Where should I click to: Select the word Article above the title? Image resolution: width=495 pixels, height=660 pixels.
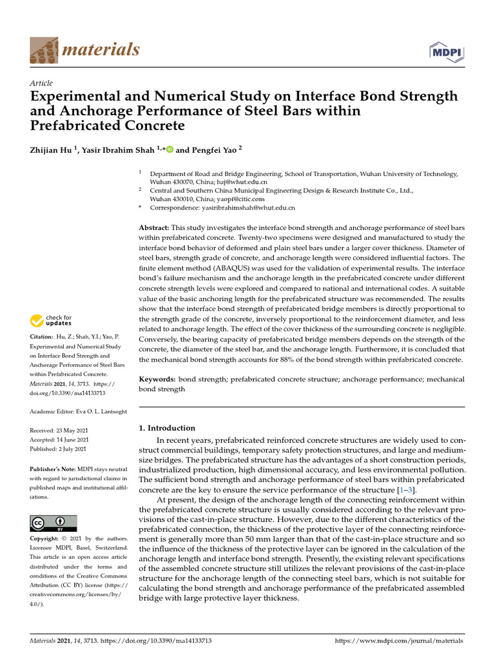pyautogui.click(x=41, y=83)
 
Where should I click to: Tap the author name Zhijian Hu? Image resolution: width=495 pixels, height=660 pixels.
pyautogui.click(x=53, y=150)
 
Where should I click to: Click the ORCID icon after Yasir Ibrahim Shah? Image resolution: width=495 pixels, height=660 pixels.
pyautogui.click(x=170, y=150)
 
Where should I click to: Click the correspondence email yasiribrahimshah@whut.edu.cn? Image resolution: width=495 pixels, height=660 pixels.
pyautogui.click(x=248, y=208)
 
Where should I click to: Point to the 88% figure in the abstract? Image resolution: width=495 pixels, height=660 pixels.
pyautogui.click(x=300, y=359)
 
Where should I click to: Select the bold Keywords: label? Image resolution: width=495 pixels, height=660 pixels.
pyautogui.click(x=157, y=380)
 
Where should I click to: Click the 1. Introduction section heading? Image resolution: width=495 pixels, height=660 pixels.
pyautogui.click(x=167, y=428)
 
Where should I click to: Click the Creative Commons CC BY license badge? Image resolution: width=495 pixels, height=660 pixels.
pyautogui.click(x=53, y=523)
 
